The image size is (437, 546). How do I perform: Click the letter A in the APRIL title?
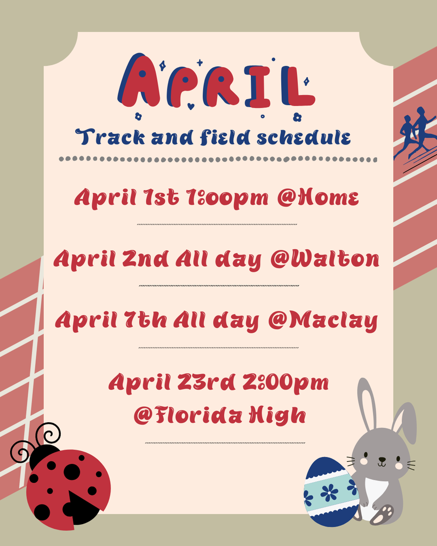point(140,81)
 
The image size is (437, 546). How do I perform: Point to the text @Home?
point(317,198)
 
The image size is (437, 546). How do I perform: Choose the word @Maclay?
point(323,321)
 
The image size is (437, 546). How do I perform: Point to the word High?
point(281,415)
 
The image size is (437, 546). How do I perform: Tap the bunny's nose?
point(382,459)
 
